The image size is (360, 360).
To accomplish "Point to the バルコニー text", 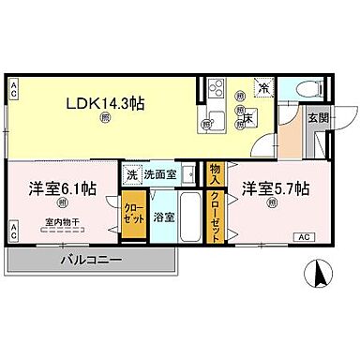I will (93, 259).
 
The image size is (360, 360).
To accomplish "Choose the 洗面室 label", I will (158, 174).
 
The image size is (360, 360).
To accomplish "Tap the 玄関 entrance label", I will (318, 117).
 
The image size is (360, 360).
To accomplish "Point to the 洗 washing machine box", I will (131, 174).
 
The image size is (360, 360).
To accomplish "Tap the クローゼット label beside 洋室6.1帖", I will (133, 215).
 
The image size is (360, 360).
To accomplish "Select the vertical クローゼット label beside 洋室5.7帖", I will (215, 216).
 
